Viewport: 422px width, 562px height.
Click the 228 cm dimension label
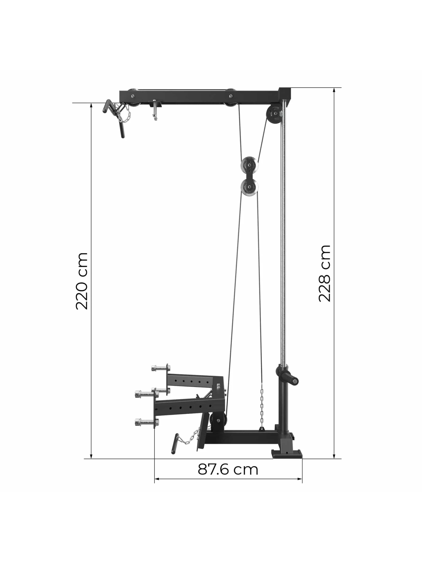(x=324, y=274)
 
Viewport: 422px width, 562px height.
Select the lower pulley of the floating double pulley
(x=249, y=188)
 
